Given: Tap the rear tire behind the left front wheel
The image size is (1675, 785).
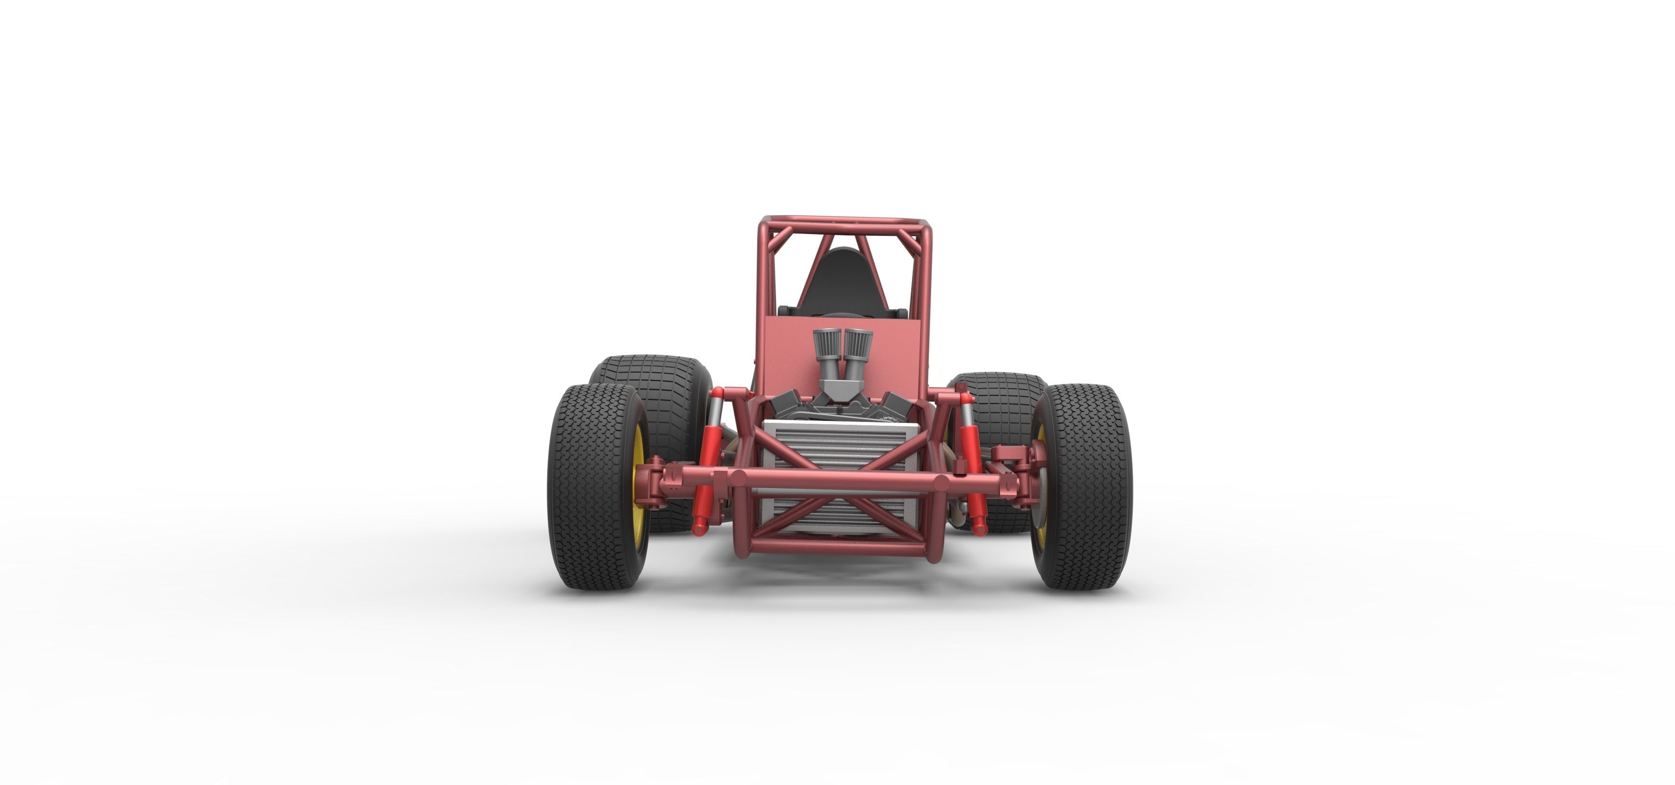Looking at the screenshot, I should (x=657, y=390).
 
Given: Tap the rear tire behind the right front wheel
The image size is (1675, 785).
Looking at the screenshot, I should (x=995, y=397).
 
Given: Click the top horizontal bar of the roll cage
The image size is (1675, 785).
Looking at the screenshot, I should (x=845, y=221).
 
